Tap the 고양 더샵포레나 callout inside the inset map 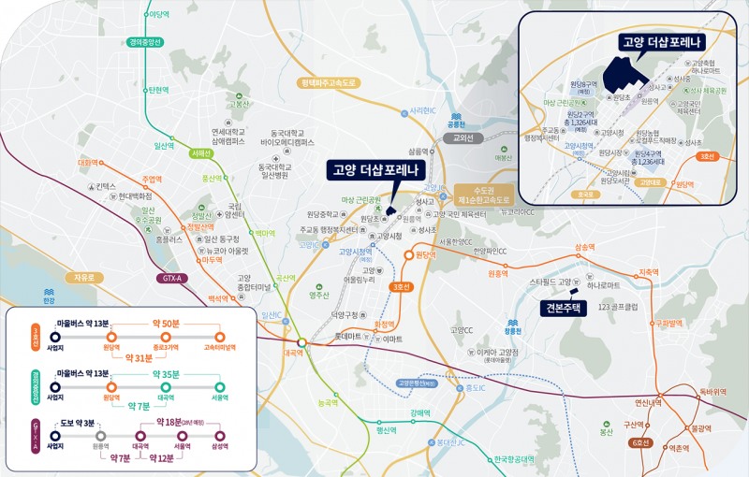662,42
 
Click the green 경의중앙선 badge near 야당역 146,42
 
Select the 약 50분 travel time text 170,322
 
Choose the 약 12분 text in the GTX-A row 162,458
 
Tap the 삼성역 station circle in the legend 220,436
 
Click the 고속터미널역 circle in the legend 220,336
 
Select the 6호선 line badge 641,443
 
